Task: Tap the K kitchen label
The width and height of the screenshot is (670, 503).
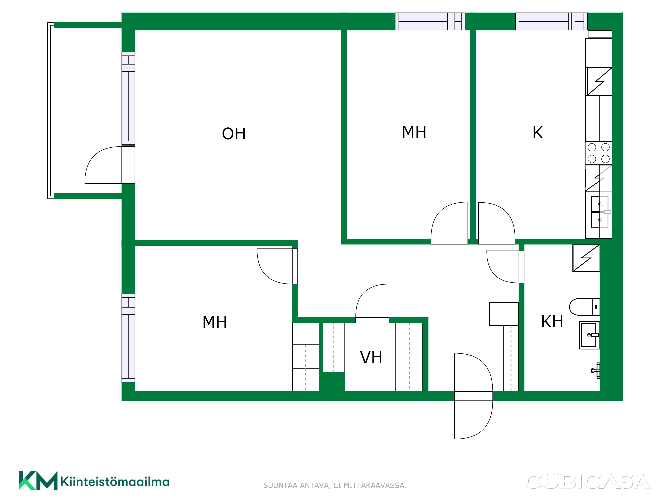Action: point(538,132)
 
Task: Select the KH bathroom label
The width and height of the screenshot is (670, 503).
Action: point(552,322)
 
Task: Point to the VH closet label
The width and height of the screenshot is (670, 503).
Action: point(371,357)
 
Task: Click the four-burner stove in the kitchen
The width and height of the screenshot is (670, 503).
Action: point(598,153)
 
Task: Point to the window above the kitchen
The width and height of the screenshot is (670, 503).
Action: point(551,21)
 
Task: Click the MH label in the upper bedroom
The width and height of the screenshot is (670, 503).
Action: point(414,132)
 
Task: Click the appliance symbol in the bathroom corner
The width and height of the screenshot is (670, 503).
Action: point(586,258)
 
